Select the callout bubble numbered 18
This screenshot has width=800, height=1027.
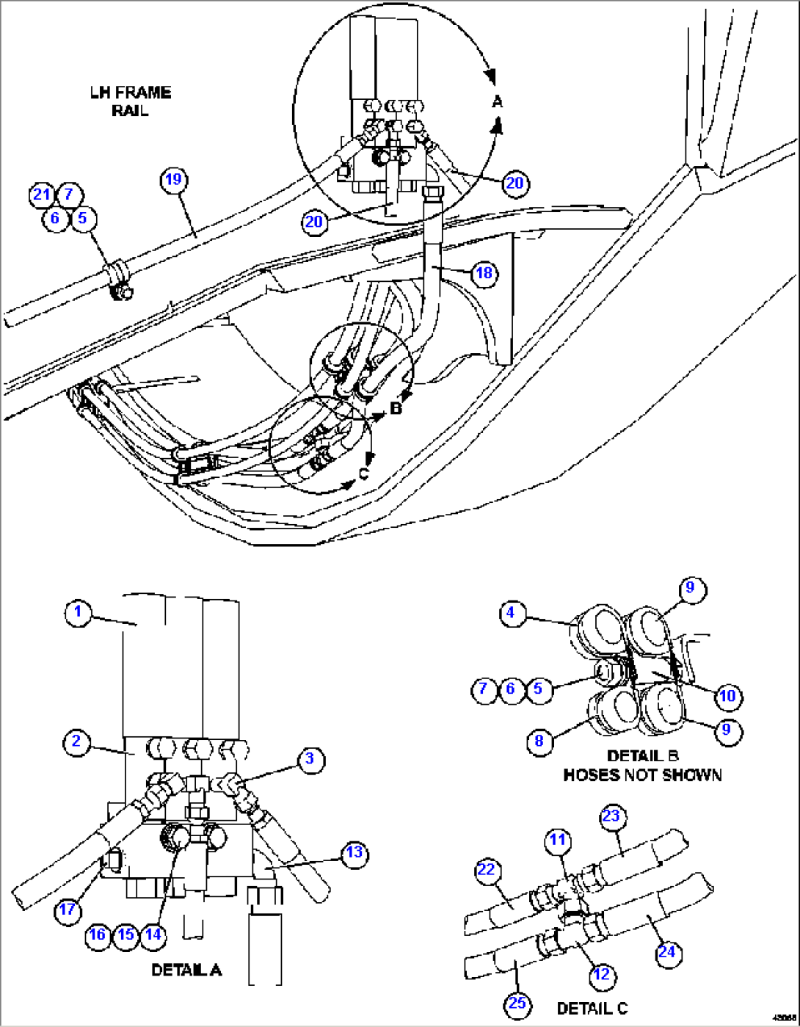484,274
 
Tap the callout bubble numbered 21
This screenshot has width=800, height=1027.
42,195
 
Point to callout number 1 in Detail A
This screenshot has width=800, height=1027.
78,612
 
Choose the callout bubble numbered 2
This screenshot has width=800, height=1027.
76,741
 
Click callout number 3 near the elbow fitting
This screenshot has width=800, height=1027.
310,759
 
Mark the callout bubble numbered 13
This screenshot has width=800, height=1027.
354,853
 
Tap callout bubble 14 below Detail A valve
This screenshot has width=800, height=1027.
153,935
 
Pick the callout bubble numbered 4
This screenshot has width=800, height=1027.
512,613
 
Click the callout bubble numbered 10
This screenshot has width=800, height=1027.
727,696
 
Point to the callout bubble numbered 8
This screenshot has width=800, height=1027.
539,741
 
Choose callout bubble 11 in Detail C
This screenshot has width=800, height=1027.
559,841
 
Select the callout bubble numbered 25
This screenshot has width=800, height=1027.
517,1003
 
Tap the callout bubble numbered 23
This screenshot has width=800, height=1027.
611,816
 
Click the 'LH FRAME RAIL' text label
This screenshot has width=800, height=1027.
131,101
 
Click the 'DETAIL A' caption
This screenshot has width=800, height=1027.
186,970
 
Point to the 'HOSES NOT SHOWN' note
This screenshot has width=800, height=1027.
642,775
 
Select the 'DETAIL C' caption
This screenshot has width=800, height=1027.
592,1008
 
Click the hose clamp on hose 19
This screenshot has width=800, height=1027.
117,280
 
